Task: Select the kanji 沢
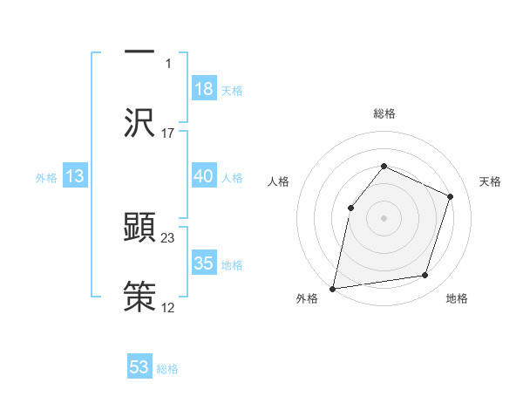pos(139,122)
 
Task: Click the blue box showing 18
pos(204,89)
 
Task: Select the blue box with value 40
pos(204,176)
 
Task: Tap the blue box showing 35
pos(204,263)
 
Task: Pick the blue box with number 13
pos(75,176)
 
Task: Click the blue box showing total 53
pos(139,367)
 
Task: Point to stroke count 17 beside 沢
pos(168,133)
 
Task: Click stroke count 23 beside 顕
pos(168,237)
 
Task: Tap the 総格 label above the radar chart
pos(384,113)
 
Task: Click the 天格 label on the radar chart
pos(490,181)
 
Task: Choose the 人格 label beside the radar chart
pos(278,181)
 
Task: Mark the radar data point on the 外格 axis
pos(333,288)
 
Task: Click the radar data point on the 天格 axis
pos(451,196)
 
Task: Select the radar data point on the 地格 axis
pos(425,276)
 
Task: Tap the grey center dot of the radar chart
pos(384,218)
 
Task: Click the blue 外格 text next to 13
pos(46,178)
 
